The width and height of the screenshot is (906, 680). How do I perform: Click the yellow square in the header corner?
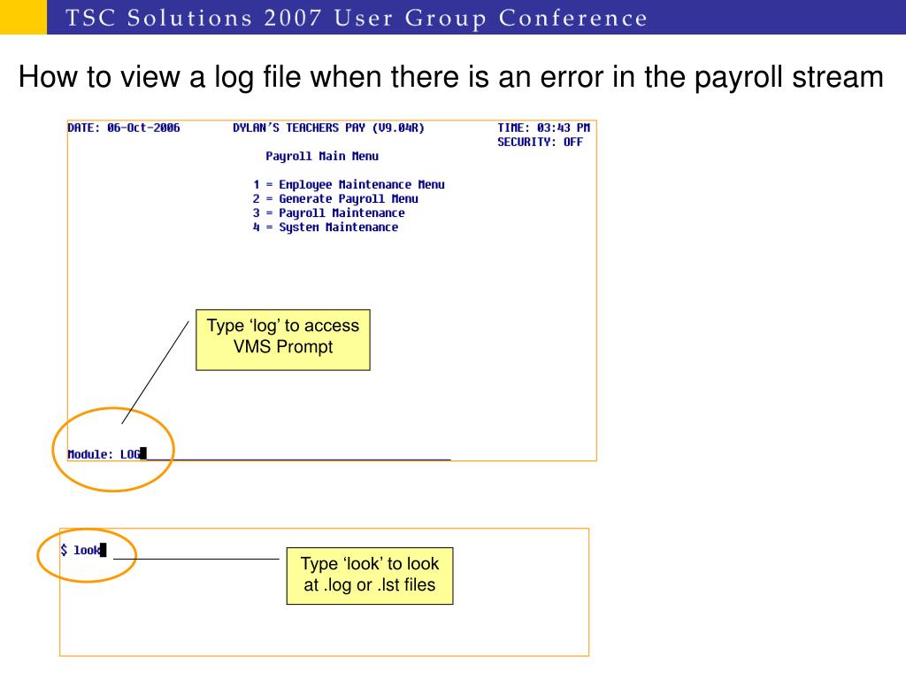pyautogui.click(x=23, y=17)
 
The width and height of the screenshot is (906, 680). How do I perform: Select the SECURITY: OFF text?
pyautogui.click(x=540, y=142)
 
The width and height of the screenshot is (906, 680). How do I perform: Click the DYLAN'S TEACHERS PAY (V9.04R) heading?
pyautogui.click(x=328, y=127)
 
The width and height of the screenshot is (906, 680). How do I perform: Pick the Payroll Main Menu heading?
pyautogui.click(x=322, y=156)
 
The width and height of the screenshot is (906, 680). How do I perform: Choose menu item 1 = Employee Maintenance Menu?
pyautogui.click(x=349, y=184)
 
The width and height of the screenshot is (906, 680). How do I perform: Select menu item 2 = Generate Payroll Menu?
pyautogui.click(x=335, y=198)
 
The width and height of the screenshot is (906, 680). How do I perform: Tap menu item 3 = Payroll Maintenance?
pyautogui.click(x=328, y=212)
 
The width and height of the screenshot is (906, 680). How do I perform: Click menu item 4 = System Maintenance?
pyautogui.click(x=325, y=227)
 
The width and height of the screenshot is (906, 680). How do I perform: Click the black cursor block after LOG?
pyautogui.click(x=143, y=454)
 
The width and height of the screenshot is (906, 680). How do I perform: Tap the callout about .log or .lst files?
pyautogui.click(x=370, y=575)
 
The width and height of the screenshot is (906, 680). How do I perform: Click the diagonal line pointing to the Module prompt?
pyautogui.click(x=156, y=372)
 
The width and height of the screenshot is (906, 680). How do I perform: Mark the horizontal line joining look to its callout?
pyautogui.click(x=196, y=559)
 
